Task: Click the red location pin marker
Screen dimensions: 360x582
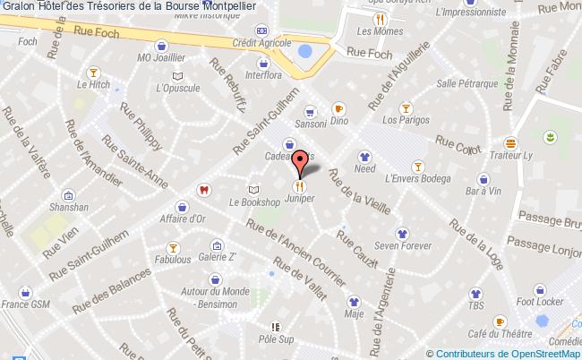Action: click(x=301, y=162)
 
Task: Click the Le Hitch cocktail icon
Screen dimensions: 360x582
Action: click(x=92, y=71)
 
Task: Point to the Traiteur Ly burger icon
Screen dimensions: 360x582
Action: click(x=509, y=142)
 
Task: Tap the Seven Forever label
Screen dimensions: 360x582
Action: click(x=398, y=244)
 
